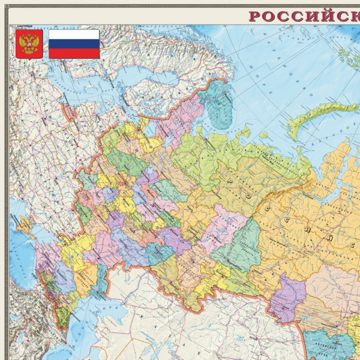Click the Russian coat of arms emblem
tap(28, 44)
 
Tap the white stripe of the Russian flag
tap(74, 34)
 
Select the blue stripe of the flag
tap(74, 44)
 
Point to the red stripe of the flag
tap(74, 53)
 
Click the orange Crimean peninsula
tap(24, 225)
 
